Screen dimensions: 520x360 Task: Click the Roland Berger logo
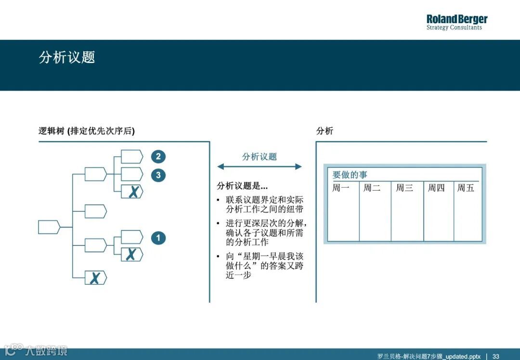(x=456, y=22)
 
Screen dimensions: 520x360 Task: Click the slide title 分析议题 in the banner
(x=67, y=57)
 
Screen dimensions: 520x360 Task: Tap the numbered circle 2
(x=158, y=156)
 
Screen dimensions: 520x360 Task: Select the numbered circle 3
(x=158, y=175)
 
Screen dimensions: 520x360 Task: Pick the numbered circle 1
(x=158, y=238)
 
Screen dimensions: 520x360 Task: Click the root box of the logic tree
(x=49, y=227)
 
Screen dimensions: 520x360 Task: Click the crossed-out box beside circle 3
(x=132, y=192)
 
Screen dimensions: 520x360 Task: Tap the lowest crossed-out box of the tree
(x=95, y=278)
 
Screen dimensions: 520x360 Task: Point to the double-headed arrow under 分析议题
(x=259, y=167)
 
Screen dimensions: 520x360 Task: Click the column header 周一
(x=341, y=188)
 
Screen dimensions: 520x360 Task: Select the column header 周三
(x=404, y=188)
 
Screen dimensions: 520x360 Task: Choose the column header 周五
(x=466, y=188)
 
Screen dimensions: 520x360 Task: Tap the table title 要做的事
(x=350, y=175)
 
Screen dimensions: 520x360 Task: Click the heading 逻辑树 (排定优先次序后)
(x=87, y=131)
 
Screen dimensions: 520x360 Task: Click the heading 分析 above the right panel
(x=325, y=131)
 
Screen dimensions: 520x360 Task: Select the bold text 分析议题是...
(x=242, y=186)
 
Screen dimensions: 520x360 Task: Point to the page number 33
(x=495, y=356)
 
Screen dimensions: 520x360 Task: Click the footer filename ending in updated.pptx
(x=429, y=356)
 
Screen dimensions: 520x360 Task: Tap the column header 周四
(x=436, y=188)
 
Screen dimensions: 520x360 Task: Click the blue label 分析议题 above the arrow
(x=259, y=156)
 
